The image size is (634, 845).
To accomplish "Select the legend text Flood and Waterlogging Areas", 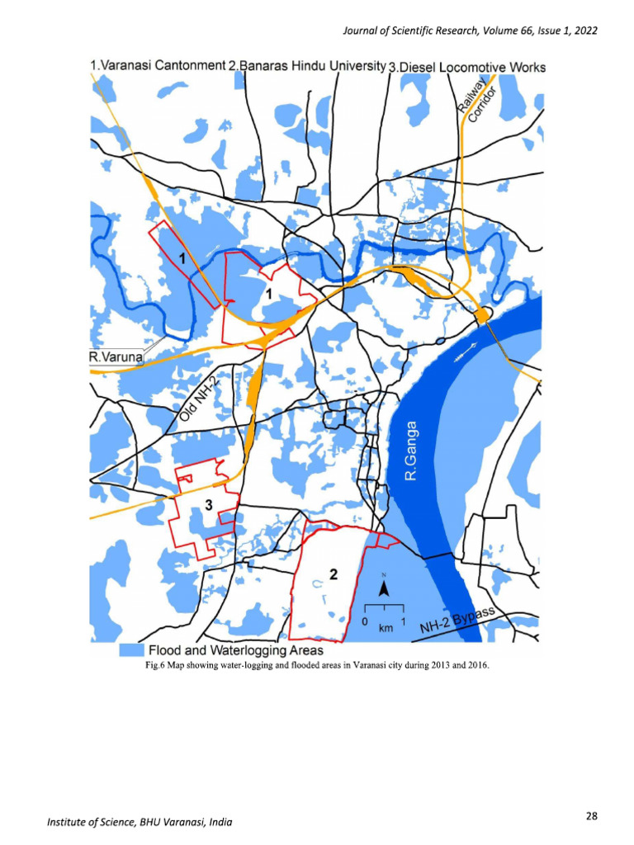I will pos(235,651).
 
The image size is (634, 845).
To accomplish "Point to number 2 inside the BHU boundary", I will pos(333,574).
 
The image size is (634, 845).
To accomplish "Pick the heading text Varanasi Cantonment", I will pos(158,64).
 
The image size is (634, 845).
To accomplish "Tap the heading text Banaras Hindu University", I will pos(307,64).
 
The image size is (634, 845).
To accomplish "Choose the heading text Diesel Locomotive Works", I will pos(467,66).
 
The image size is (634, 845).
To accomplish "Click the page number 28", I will pos(591,816).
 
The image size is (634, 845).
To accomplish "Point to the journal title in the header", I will pos(469,31).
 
